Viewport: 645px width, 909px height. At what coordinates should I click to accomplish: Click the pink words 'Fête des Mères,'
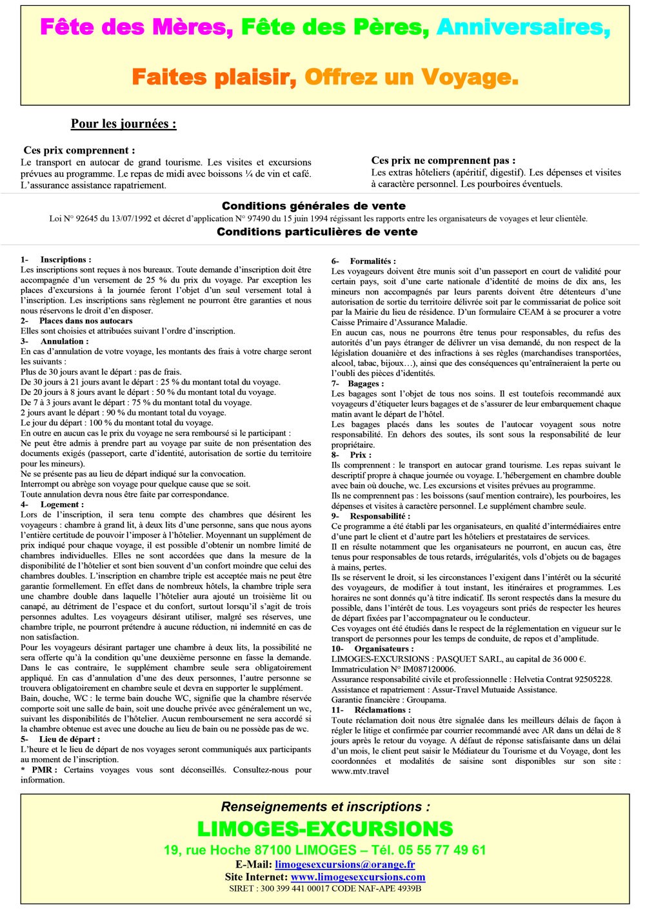[x=136, y=27]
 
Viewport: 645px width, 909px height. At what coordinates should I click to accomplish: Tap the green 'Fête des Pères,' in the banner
[x=335, y=27]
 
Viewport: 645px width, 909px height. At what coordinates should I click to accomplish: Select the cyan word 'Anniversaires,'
[x=523, y=27]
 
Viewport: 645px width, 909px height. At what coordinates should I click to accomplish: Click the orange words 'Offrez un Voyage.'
[x=411, y=77]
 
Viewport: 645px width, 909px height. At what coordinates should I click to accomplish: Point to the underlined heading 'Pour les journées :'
[x=123, y=124]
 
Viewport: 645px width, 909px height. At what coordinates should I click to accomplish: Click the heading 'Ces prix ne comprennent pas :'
[x=443, y=161]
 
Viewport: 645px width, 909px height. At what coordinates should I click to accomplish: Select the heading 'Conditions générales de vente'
[x=313, y=206]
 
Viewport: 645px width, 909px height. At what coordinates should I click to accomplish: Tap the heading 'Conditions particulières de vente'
[x=317, y=232]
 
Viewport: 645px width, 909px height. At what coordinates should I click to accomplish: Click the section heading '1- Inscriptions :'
[x=56, y=259]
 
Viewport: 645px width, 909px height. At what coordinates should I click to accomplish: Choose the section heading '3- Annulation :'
[x=55, y=341]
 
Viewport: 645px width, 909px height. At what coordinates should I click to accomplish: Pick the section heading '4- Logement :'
[x=52, y=504]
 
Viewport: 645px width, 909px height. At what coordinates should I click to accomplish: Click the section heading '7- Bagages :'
[x=357, y=383]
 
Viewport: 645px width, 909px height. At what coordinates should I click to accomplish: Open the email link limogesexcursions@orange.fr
[x=344, y=864]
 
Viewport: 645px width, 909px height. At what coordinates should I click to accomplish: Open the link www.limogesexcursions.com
[x=358, y=877]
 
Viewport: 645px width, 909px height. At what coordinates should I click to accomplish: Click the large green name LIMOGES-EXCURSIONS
[x=325, y=829]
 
